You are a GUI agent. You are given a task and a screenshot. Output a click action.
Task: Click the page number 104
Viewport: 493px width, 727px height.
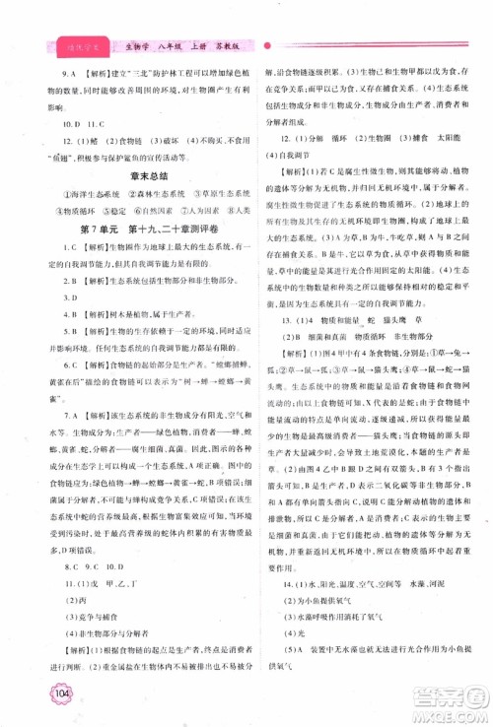(x=55, y=700)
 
